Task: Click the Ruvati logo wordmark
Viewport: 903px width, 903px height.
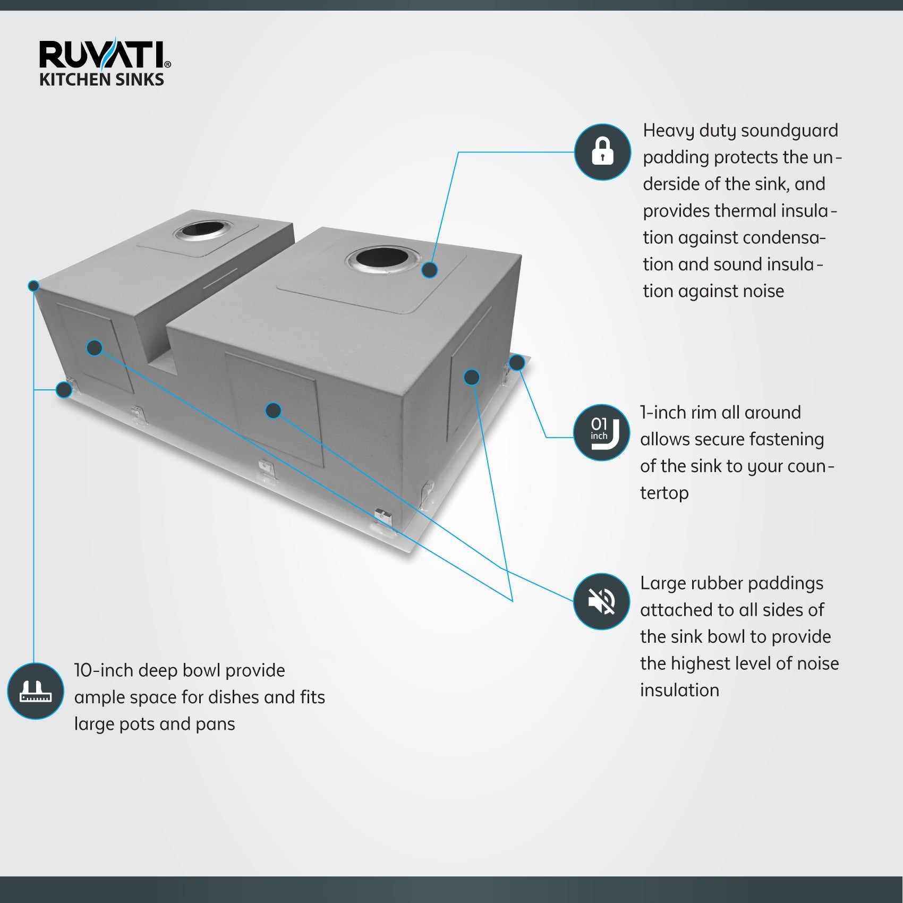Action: pyautogui.click(x=104, y=56)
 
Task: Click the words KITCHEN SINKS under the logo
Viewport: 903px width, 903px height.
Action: pyautogui.click(x=101, y=80)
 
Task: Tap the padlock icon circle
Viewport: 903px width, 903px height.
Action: pyautogui.click(x=602, y=152)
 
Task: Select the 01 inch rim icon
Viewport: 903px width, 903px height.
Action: pyautogui.click(x=602, y=432)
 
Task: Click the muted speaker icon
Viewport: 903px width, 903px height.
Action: pyautogui.click(x=602, y=601)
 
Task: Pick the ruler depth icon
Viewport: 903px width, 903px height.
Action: pyautogui.click(x=36, y=691)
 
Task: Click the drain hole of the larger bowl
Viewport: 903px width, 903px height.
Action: pyautogui.click(x=382, y=259)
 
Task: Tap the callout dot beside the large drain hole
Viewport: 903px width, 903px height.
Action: pyautogui.click(x=430, y=270)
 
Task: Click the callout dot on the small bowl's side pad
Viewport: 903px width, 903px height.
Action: pyautogui.click(x=94, y=348)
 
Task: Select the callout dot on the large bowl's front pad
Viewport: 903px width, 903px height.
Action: pyautogui.click(x=273, y=410)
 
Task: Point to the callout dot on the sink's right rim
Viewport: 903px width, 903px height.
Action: pyautogui.click(x=517, y=363)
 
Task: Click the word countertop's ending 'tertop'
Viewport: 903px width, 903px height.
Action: pyautogui.click(x=664, y=493)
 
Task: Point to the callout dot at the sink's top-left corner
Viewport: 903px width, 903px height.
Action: pyautogui.click(x=33, y=286)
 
